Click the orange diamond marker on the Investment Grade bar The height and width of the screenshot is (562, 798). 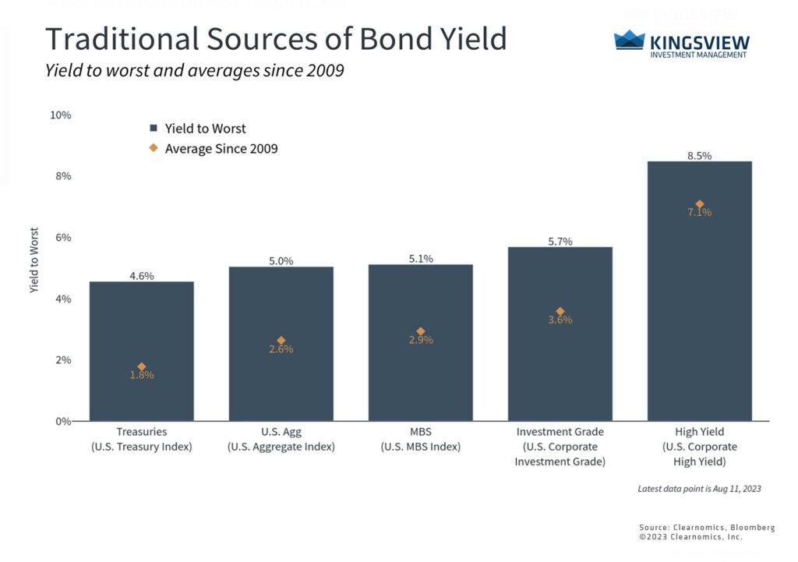[x=560, y=311]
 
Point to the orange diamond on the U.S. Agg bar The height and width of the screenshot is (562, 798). [x=281, y=341]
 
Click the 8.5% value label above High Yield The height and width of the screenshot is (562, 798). [x=699, y=155]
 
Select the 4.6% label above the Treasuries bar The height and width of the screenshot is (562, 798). [x=141, y=276]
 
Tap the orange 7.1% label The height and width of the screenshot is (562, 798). [x=699, y=212]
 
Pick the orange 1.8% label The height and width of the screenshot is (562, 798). [x=141, y=375]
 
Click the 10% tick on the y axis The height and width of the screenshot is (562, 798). [x=60, y=115]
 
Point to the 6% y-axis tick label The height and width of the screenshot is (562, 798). [x=62, y=237]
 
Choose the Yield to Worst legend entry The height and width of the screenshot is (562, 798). [x=198, y=129]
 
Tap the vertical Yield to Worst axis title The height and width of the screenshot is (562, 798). [x=34, y=260]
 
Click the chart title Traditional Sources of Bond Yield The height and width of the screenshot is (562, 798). [x=276, y=38]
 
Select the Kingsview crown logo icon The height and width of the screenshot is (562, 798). [x=629, y=40]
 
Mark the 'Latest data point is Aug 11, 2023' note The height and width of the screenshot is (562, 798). [x=698, y=489]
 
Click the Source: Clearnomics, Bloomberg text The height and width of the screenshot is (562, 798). [x=707, y=528]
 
